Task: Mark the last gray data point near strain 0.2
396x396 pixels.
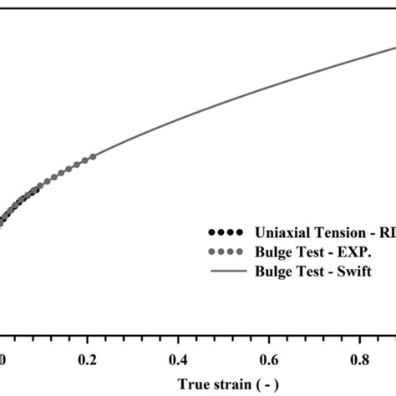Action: (x=93, y=156)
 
